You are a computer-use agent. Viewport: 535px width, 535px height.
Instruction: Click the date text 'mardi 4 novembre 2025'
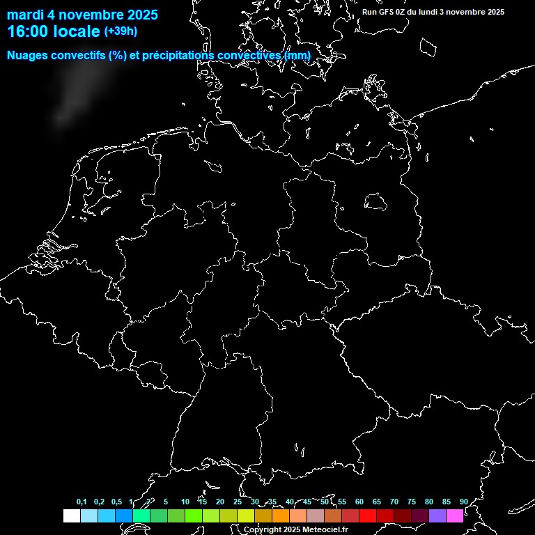point(82,15)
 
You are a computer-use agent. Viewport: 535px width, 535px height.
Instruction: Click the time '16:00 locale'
point(54,31)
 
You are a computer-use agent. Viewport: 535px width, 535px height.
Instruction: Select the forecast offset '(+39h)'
point(121,31)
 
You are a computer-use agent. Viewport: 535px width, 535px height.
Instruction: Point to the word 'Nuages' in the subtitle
point(27,55)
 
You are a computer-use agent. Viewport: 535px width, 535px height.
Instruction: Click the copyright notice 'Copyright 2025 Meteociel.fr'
point(295,530)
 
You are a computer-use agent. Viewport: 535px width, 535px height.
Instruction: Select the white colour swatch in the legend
point(71,515)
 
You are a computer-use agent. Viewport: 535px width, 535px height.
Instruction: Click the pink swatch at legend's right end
point(455,515)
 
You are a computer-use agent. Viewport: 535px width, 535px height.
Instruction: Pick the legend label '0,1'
point(82,502)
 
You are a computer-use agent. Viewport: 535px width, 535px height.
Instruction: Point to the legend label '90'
point(463,502)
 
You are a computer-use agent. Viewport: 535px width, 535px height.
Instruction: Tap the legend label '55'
point(342,502)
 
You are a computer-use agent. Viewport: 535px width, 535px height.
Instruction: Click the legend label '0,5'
point(116,502)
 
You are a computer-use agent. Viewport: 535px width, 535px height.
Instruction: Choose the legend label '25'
point(238,502)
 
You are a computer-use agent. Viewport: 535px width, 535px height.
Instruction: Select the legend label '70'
point(394,502)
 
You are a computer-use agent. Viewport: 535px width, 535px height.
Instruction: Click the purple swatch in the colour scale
point(437,515)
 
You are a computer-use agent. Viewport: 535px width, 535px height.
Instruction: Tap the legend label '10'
point(185,502)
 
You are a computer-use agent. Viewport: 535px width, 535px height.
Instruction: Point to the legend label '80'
point(429,502)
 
